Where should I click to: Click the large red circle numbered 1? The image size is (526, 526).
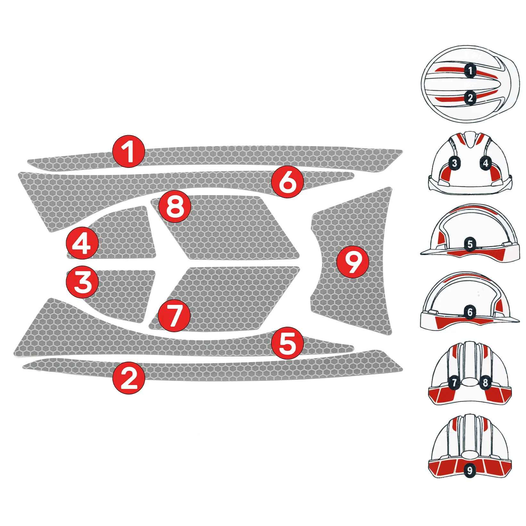click(x=128, y=151)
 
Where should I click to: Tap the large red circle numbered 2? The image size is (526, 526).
click(x=128, y=378)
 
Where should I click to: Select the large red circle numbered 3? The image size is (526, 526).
click(x=82, y=282)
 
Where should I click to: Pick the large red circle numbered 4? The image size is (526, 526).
click(x=82, y=243)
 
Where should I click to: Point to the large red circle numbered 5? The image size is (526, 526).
click(x=287, y=343)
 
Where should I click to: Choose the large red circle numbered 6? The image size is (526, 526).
click(x=287, y=181)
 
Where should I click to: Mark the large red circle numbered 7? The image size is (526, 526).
click(x=174, y=315)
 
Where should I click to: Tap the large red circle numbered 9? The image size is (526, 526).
click(x=353, y=261)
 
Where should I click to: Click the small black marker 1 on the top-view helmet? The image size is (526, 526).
click(x=470, y=70)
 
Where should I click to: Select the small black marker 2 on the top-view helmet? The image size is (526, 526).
click(x=470, y=97)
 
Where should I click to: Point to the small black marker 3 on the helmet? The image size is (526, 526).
click(x=454, y=163)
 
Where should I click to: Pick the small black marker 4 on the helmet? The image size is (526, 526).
click(x=485, y=163)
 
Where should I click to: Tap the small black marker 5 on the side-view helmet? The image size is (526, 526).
click(x=470, y=244)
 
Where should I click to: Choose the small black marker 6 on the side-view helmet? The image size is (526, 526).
click(x=470, y=312)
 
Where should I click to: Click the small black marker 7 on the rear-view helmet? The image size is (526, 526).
click(x=454, y=382)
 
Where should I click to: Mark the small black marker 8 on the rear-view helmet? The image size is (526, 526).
click(x=485, y=382)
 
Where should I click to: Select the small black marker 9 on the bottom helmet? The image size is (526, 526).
click(x=470, y=471)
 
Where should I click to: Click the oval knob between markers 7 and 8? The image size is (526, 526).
click(x=470, y=382)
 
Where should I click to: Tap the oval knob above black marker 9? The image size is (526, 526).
click(x=470, y=455)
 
